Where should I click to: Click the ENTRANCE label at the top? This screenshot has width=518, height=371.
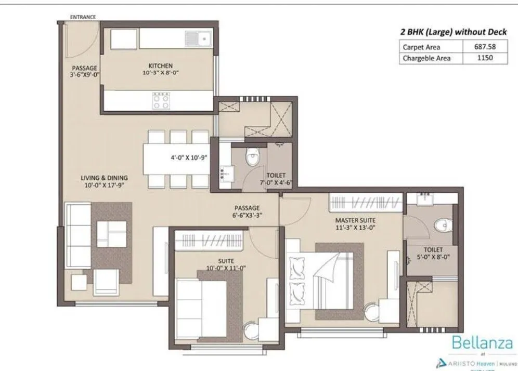pos(83,17)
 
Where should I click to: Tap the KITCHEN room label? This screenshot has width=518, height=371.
pos(160,65)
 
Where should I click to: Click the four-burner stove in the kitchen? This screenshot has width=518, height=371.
pos(160,100)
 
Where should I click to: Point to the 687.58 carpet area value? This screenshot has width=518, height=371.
pos(484,46)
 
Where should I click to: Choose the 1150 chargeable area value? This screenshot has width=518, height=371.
pos(484,58)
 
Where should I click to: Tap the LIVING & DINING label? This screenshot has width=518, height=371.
pos(104,177)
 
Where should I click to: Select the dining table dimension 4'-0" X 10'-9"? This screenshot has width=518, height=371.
pos(190,156)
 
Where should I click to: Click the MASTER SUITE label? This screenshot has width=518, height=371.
pos(355,220)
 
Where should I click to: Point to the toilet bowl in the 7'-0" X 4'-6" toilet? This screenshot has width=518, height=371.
pos(253,157)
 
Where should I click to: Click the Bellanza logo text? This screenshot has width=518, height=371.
pos(482,343)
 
